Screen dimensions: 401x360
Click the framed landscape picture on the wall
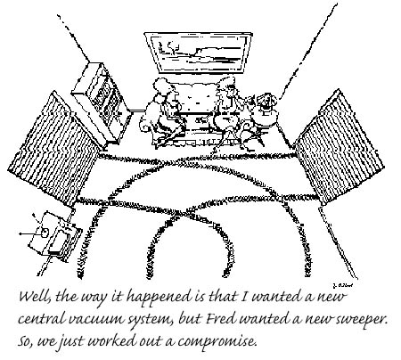[x=198, y=53]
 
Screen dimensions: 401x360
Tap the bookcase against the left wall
[x=102, y=103]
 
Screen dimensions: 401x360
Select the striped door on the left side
[x=53, y=149]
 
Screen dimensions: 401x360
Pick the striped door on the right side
[x=339, y=147]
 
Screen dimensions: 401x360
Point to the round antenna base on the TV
[x=44, y=233]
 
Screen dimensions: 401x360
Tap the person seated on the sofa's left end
[x=162, y=111]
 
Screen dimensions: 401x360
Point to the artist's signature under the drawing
[x=342, y=285]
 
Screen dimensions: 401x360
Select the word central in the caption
[x=42, y=319]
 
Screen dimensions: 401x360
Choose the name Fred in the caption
[x=221, y=319]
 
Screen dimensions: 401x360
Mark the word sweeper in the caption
[x=362, y=320]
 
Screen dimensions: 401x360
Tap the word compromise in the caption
[x=217, y=341]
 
